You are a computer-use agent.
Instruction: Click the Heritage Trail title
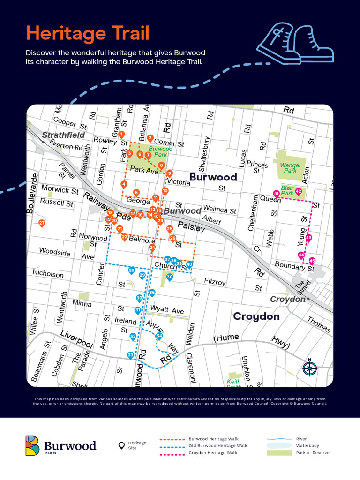(x=88, y=33)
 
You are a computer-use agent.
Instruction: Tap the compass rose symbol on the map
(x=309, y=368)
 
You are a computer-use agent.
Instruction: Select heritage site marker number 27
(x=42, y=223)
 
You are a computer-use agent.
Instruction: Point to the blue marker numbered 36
(x=170, y=277)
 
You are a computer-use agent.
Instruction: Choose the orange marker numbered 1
(x=121, y=135)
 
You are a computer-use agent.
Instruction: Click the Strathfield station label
(x=63, y=135)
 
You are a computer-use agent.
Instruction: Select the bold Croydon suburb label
(x=256, y=316)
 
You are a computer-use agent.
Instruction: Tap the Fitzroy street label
(x=215, y=282)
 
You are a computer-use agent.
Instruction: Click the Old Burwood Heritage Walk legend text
(x=218, y=446)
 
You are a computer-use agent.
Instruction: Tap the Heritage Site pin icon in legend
(x=121, y=445)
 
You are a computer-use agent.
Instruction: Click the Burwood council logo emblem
(x=32, y=445)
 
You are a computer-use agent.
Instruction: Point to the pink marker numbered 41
(x=277, y=194)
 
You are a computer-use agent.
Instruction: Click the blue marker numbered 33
(x=130, y=356)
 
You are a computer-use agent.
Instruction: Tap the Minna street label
(x=82, y=303)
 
